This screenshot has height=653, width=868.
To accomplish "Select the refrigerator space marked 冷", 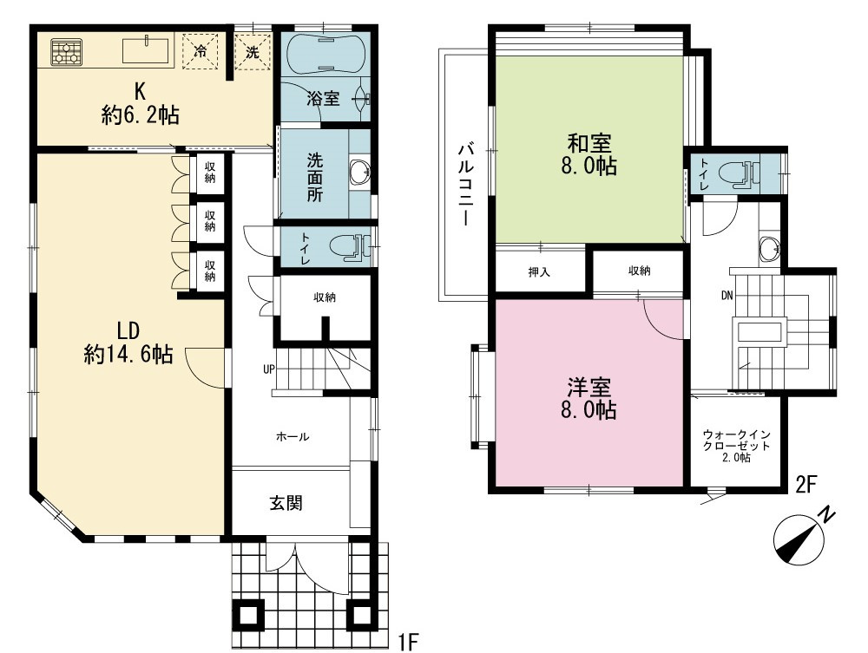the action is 201,51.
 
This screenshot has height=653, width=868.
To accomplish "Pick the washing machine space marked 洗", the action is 253,53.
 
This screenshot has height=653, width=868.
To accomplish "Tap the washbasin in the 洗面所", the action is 360,173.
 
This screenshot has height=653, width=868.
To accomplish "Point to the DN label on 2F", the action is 727,296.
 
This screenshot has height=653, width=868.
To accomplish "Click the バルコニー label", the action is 465,184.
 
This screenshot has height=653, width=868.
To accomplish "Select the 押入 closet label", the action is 539,272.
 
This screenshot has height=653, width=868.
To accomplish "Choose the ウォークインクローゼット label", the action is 736,446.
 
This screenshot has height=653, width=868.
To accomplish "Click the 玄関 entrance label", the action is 286,503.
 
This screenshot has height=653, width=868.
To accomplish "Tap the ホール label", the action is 293,437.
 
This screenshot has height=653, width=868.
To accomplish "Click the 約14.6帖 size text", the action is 128,355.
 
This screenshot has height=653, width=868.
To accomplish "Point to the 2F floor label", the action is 806,485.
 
